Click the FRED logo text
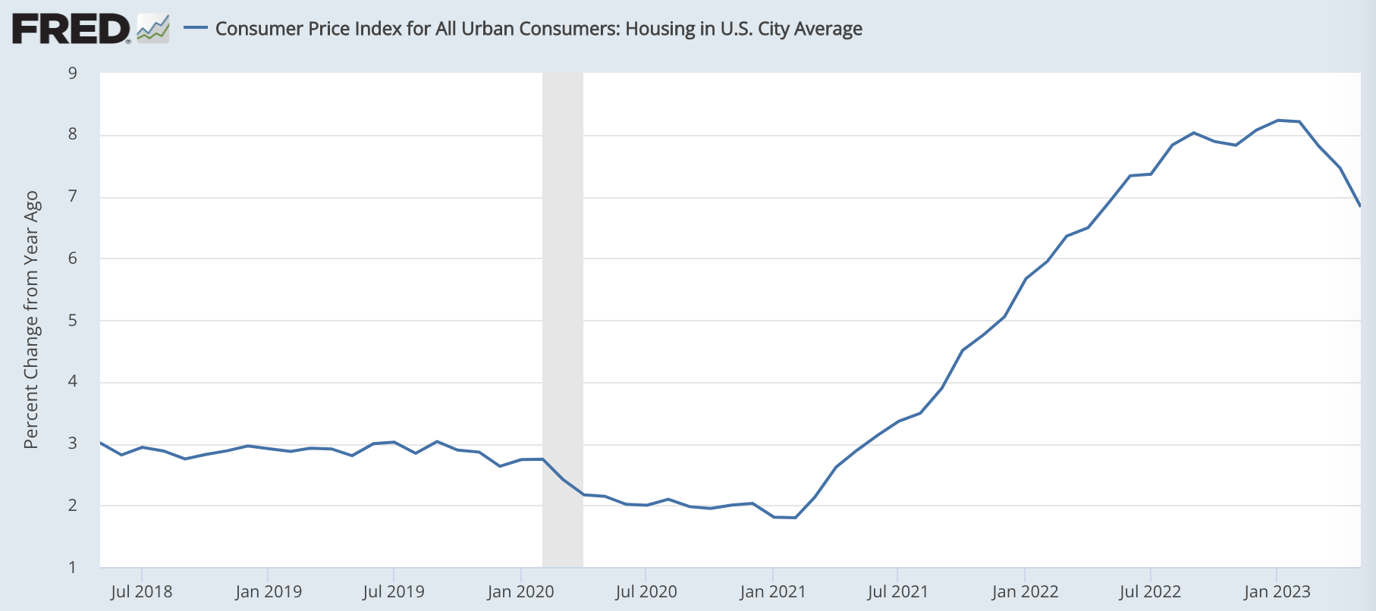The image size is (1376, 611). pos(71,30)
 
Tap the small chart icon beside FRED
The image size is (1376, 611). pos(152,29)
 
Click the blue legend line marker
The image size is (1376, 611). pos(196,28)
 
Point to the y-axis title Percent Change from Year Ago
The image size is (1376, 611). pos(31,319)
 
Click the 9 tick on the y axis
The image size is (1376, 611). pos(73,74)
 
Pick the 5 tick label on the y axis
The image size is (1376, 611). pos(73,320)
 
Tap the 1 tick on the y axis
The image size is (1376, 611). pos(73,567)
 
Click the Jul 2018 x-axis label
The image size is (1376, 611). pos(141,591)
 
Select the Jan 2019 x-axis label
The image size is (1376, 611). pos(268,591)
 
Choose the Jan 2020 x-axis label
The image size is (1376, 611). pos(520,591)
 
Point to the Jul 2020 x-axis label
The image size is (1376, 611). pos(646,591)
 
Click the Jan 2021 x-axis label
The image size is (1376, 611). pos(772,591)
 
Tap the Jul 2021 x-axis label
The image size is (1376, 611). pos(897,591)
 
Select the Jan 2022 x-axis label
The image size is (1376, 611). pos(1024,591)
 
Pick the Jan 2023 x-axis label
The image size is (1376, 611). pos(1277,591)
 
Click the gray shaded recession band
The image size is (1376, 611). pos(563,318)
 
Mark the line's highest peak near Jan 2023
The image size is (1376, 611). pos(1278,120)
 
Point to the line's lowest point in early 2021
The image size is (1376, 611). pos(794,518)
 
